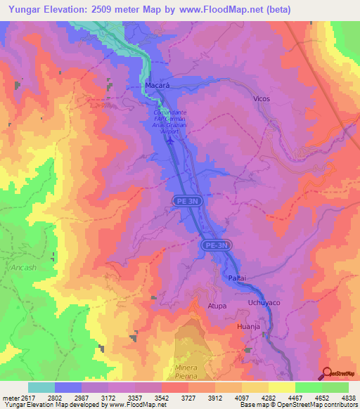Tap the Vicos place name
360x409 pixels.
(261, 99)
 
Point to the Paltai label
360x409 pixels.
(237, 279)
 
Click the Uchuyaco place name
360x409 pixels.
(264, 302)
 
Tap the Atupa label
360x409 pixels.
(217, 306)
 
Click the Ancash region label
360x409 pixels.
(22, 268)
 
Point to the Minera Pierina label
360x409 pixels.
(187, 372)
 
